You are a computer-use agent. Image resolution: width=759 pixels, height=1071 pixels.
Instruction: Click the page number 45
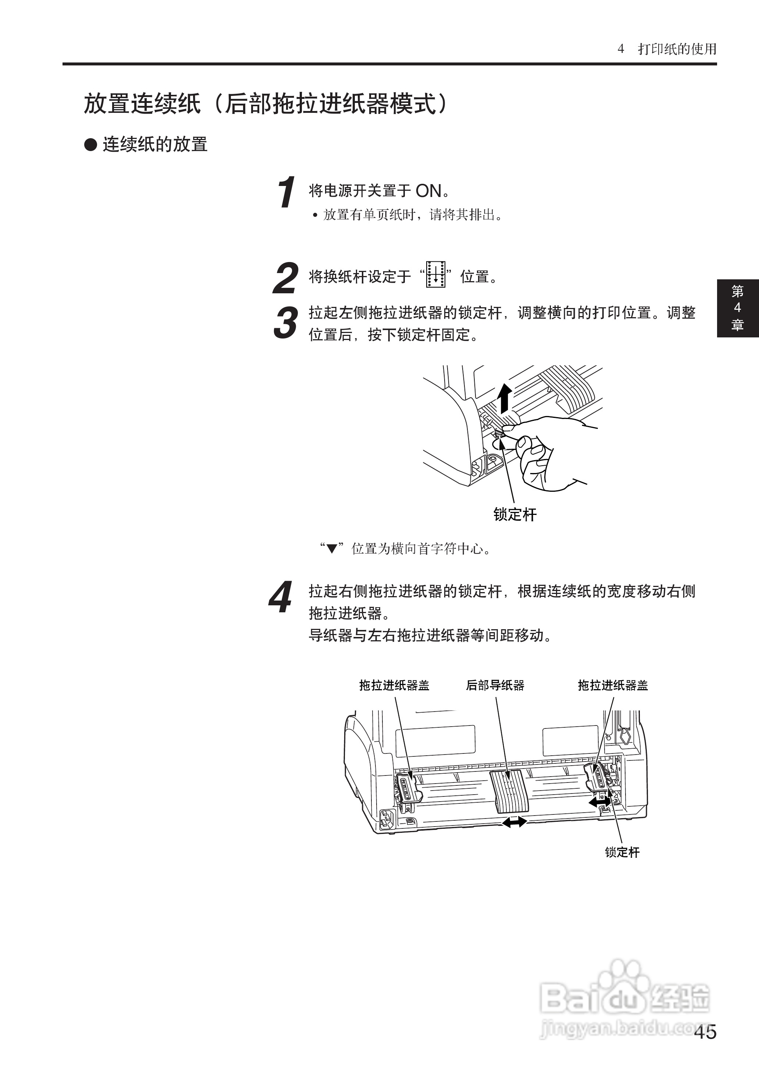(705, 1032)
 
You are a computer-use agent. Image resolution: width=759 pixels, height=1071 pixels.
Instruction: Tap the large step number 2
(285, 278)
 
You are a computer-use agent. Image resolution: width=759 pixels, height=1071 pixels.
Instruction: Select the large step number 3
(285, 322)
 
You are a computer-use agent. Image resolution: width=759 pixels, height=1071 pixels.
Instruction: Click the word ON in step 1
(428, 191)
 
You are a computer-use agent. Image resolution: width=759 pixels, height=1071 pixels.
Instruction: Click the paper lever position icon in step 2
(436, 274)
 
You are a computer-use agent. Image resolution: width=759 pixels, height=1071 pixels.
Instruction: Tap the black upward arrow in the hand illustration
(504, 398)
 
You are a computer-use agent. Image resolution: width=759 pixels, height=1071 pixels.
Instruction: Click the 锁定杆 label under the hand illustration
(514, 515)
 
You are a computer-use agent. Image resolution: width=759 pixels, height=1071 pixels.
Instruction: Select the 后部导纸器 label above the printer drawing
(495, 685)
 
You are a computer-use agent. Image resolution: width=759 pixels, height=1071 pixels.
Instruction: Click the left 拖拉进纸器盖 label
(394, 685)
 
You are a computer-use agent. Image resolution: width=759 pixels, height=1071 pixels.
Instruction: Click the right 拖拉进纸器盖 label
(613, 685)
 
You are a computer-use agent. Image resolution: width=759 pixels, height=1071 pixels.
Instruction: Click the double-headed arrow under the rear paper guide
(514, 821)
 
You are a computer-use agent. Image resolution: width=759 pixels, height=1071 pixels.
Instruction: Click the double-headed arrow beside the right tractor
(599, 802)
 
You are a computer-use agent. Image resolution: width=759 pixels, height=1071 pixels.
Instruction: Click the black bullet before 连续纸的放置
(90, 144)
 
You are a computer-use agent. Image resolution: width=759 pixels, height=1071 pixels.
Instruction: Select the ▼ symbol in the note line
(332, 549)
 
